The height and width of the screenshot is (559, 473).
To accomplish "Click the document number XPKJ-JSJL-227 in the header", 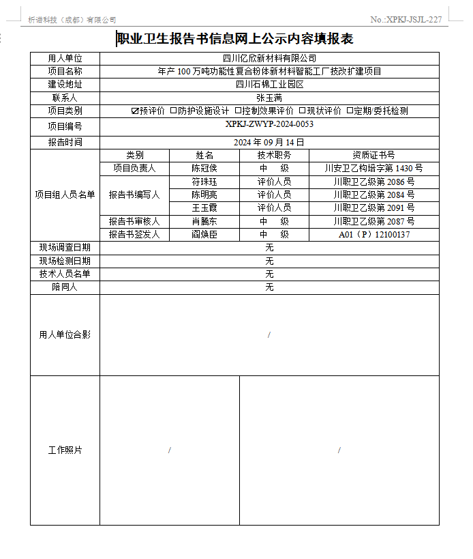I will pyautogui.click(x=406, y=20).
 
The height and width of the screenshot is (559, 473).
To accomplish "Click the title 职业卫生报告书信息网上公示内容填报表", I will pyautogui.click(x=235, y=40).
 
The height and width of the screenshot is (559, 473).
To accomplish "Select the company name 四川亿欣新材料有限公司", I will pyautogui.click(x=269, y=59).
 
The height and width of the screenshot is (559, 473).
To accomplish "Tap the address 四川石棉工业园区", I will pyautogui.click(x=269, y=85).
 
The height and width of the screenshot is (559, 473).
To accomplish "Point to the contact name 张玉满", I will pyautogui.click(x=269, y=98).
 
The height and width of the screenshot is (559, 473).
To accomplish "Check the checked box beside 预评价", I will pyautogui.click(x=135, y=111).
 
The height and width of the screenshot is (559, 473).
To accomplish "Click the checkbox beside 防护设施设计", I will pyautogui.click(x=174, y=111).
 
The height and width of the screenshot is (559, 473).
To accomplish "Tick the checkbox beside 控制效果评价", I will pyautogui.click(x=238, y=111).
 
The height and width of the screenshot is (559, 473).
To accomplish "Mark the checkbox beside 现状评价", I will pyautogui.click(x=303, y=111).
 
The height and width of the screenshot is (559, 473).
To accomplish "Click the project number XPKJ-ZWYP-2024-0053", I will pyautogui.click(x=269, y=124).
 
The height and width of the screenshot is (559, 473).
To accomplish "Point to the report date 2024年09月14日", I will pyautogui.click(x=269, y=142).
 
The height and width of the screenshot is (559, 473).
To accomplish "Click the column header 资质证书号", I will pyautogui.click(x=373, y=155).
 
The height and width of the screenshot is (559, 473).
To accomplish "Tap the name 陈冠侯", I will pyautogui.click(x=204, y=168).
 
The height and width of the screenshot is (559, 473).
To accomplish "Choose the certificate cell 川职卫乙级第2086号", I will pyautogui.click(x=373, y=182).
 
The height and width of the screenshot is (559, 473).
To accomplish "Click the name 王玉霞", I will pyautogui.click(x=204, y=207).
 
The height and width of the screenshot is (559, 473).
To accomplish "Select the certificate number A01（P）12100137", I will pyautogui.click(x=373, y=234).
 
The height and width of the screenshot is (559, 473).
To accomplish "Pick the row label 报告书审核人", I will pyautogui.click(x=134, y=221).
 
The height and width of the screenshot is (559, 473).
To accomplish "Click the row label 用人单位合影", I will pyautogui.click(x=65, y=334).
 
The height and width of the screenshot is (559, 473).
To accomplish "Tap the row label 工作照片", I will pyautogui.click(x=65, y=450).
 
